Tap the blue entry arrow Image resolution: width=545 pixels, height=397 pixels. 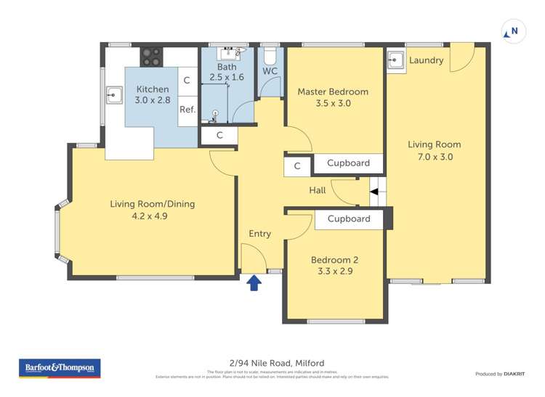tap(254, 282)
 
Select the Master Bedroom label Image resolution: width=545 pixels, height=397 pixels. tap(333, 92)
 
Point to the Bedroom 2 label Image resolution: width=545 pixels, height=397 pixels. tap(334, 260)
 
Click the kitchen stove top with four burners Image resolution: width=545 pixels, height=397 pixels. tap(152, 56)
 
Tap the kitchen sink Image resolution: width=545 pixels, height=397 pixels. tap(114, 94)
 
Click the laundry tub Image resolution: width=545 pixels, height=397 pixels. tap(396, 60)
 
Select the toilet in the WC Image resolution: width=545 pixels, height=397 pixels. tap(270, 55)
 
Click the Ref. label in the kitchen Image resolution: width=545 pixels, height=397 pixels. tap(187, 110)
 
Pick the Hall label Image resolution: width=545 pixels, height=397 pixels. tap(318, 190)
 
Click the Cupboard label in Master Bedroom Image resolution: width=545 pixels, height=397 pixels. tap(348, 163)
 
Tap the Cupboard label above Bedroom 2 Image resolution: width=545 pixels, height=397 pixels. tap(348, 218)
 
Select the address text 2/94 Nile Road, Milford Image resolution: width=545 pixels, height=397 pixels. tap(272, 363)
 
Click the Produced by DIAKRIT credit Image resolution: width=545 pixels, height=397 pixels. tap(499, 374)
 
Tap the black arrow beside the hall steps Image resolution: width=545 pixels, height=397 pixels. tap(374, 192)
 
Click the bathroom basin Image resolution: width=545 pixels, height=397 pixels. tap(233, 53)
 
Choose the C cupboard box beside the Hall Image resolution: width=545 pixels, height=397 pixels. tap(297, 166)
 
